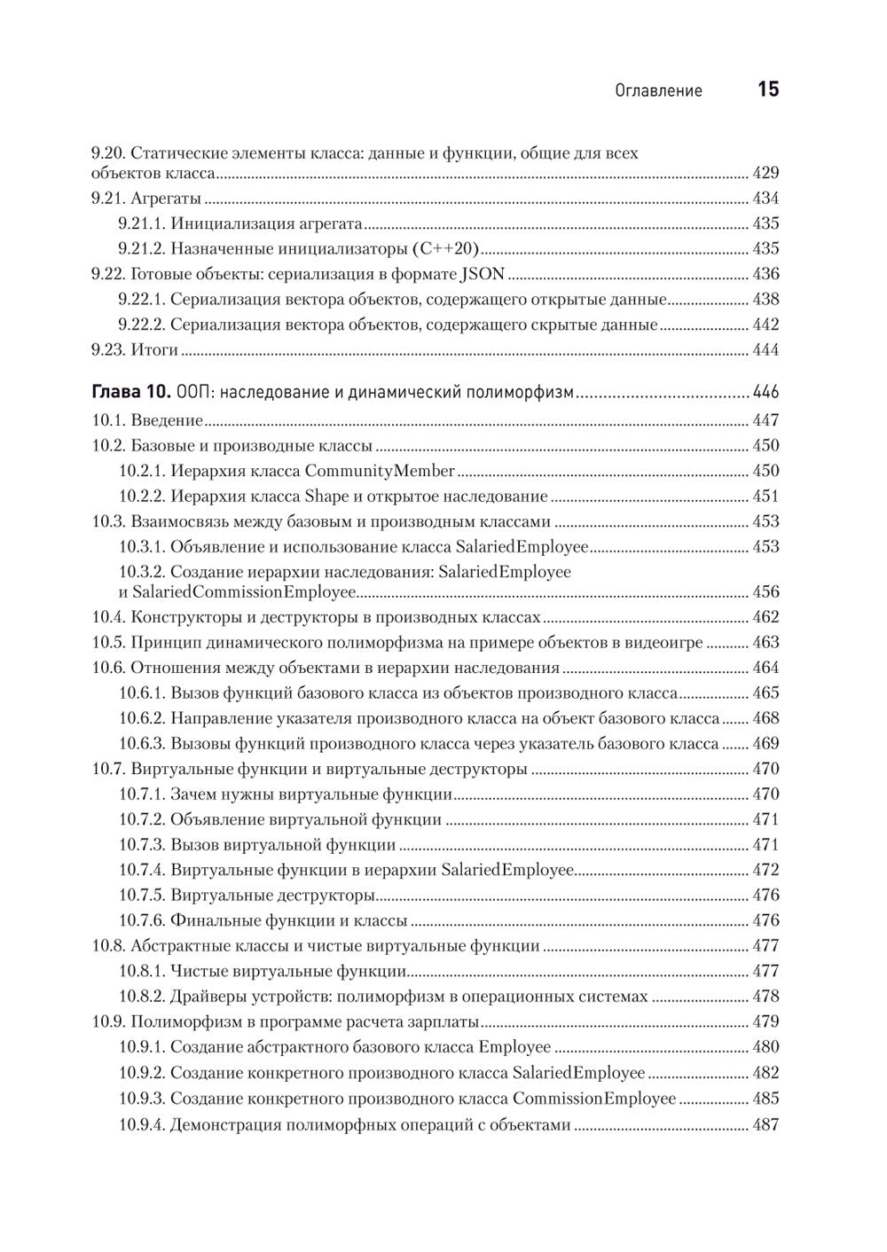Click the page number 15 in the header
pyautogui.click(x=767, y=90)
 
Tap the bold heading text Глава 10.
pyautogui.click(x=131, y=392)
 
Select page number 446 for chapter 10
pyautogui.click(x=765, y=392)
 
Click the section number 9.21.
pyautogui.click(x=109, y=199)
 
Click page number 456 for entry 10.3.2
pyautogui.click(x=765, y=591)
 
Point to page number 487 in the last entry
pyautogui.click(x=765, y=1125)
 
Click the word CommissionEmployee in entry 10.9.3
pyautogui.click(x=594, y=1099)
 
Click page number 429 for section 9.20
pyautogui.click(x=765, y=173)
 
